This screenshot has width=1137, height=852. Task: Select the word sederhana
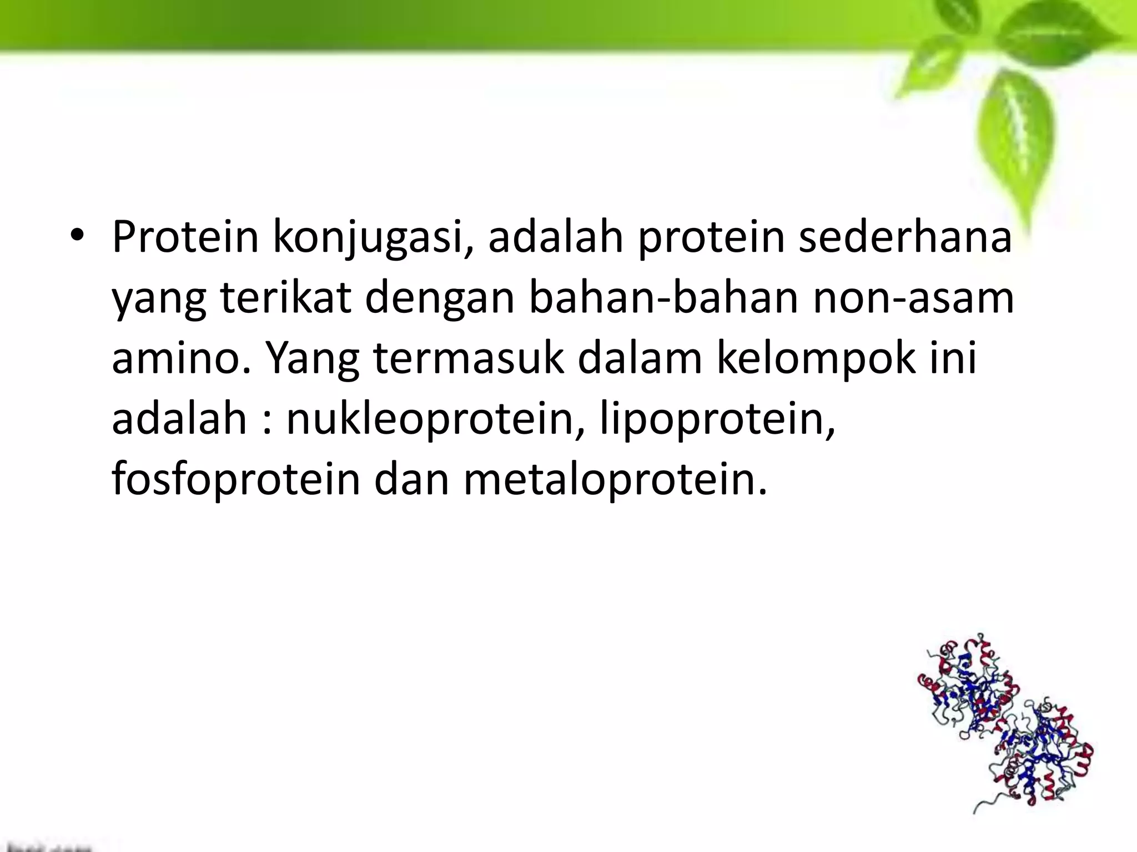point(905,237)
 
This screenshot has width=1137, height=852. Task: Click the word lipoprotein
point(717,419)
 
